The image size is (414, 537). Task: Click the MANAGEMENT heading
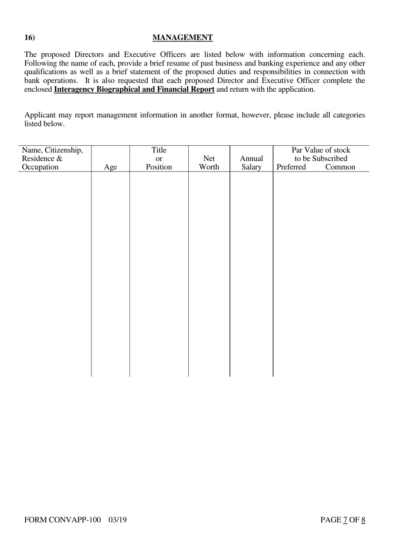(x=183, y=38)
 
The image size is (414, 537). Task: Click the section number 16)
(x=30, y=38)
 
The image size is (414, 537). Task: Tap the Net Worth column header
(x=209, y=163)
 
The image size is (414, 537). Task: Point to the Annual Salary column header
(x=251, y=163)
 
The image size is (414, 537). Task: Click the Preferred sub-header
(x=291, y=167)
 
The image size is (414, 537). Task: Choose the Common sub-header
(x=340, y=167)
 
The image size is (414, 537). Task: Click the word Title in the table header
(x=159, y=151)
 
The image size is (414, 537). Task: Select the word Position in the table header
(x=159, y=167)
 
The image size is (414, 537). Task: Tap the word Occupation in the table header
(x=40, y=167)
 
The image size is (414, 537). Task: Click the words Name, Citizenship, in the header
(x=52, y=151)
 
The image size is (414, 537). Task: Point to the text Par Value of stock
(x=321, y=151)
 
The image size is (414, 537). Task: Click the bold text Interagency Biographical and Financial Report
(x=134, y=89)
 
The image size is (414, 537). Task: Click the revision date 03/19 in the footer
(x=118, y=520)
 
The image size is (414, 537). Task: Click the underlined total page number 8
(x=363, y=520)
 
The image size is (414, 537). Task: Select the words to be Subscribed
(x=321, y=159)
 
